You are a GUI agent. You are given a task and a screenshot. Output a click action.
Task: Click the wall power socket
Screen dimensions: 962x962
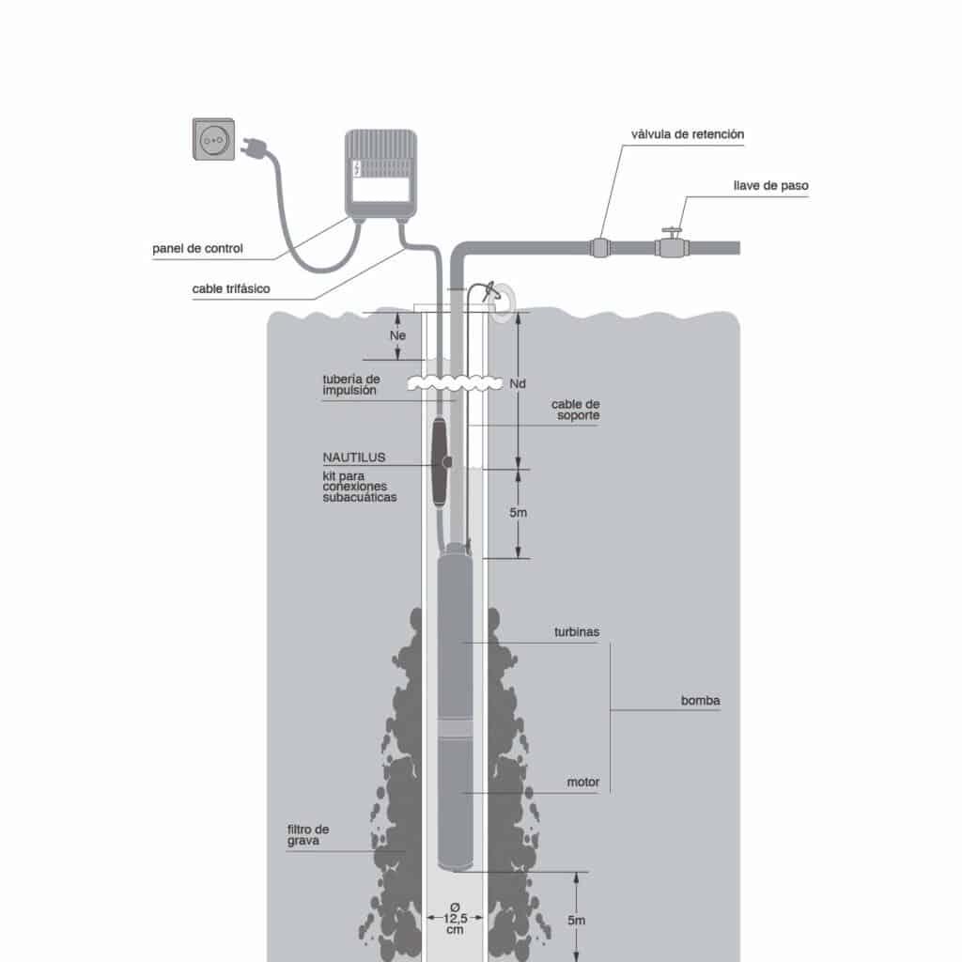click(x=213, y=139)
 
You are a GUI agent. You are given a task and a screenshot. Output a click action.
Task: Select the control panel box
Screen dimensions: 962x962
click(x=380, y=175)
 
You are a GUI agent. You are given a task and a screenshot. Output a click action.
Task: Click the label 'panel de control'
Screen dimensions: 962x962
click(x=197, y=249)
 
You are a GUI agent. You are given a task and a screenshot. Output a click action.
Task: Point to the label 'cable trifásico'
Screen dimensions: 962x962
click(x=231, y=289)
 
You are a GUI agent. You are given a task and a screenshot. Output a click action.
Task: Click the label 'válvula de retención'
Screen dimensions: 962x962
click(x=688, y=134)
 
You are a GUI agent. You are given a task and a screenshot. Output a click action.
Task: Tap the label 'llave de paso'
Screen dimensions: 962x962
click(x=770, y=186)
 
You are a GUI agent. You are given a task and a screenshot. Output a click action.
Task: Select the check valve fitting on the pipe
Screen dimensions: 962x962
click(x=601, y=249)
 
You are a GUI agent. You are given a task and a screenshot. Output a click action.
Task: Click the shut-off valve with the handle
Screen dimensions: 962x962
click(x=671, y=246)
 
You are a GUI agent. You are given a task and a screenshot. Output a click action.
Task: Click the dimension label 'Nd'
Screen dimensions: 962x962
click(x=517, y=383)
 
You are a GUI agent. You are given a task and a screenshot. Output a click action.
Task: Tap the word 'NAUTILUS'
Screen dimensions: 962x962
click(x=354, y=458)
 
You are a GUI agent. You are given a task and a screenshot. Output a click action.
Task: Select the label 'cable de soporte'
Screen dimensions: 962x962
click(x=575, y=410)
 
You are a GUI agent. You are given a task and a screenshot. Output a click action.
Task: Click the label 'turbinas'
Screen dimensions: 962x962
click(x=577, y=632)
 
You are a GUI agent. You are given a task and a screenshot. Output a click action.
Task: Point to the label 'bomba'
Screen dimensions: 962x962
click(x=700, y=701)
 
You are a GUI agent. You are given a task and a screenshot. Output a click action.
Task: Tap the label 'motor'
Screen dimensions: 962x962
click(x=582, y=782)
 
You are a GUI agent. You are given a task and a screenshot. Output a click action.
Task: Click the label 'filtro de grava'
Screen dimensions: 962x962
click(x=309, y=836)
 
